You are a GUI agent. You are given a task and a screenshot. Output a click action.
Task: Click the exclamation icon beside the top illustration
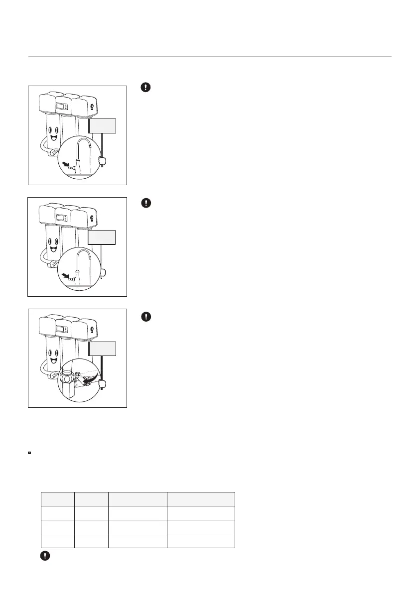coord(145,87)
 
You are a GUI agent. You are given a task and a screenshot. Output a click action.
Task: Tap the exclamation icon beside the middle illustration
coord(145,203)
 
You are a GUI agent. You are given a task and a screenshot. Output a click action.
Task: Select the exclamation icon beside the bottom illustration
coord(145,316)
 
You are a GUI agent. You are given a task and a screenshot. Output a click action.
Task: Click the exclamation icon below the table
coord(45,556)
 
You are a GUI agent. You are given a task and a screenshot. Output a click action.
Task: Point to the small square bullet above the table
coord(30,453)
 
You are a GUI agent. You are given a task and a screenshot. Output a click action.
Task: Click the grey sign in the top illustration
coord(102,126)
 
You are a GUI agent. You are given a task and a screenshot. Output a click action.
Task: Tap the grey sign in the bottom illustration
coord(102,349)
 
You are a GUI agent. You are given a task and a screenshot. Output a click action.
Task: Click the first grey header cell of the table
coord(57,499)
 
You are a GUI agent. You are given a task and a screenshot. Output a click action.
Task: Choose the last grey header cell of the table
coord(201,499)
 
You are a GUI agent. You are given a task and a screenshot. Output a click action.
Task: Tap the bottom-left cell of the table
coord(57,541)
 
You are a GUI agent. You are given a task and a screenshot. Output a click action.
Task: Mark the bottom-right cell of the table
coord(201,541)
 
